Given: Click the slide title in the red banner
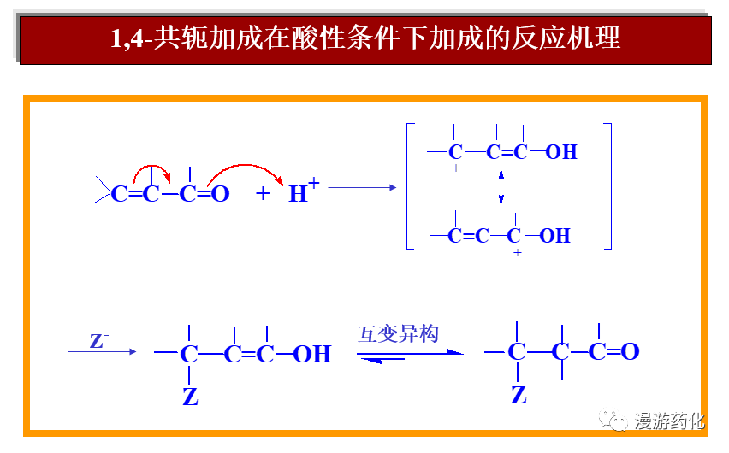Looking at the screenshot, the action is [365, 38].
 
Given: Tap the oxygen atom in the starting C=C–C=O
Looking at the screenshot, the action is [220, 194].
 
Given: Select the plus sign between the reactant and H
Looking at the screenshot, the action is [263, 194].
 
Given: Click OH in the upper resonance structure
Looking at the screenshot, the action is [561, 152].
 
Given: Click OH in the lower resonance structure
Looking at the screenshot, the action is [555, 235].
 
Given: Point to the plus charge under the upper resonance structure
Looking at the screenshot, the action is [456, 169].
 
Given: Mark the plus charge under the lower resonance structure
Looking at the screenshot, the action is [517, 253].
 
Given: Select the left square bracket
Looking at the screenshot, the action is [411, 186].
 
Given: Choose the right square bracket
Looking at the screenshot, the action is [608, 186].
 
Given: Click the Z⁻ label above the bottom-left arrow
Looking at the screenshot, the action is [99, 341].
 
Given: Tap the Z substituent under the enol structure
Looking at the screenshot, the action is [190, 397].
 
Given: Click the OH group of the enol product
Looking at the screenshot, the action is [312, 354].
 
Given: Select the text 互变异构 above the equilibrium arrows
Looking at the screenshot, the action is [399, 332].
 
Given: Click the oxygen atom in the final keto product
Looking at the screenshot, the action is [630, 351].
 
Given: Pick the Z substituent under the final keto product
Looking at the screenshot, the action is [519, 395].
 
